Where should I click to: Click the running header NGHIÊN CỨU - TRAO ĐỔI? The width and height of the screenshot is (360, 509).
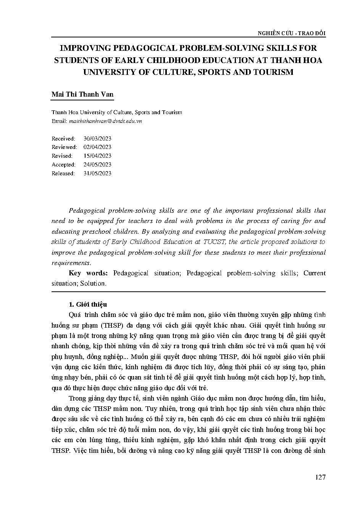(291, 33)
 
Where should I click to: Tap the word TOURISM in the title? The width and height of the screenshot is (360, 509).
(271, 72)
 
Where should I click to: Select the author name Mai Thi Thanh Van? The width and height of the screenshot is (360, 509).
(82, 94)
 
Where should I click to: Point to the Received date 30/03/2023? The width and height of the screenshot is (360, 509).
(97, 138)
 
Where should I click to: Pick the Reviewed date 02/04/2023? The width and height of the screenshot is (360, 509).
(97, 147)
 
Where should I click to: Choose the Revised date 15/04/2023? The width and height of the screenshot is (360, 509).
(97, 156)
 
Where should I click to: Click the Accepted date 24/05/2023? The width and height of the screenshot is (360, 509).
(97, 165)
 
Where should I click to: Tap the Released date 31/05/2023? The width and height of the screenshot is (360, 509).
(97, 173)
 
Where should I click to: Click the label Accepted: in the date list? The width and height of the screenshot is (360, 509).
(63, 165)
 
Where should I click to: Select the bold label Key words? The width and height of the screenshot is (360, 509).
(88, 273)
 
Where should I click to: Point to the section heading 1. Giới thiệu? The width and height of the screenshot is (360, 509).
(88, 304)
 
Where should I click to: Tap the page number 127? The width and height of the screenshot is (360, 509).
(320, 477)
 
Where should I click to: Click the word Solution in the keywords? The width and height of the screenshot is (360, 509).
(93, 283)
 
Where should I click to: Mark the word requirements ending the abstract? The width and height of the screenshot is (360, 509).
(71, 263)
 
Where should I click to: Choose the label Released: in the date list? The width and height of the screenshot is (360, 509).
(63, 173)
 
